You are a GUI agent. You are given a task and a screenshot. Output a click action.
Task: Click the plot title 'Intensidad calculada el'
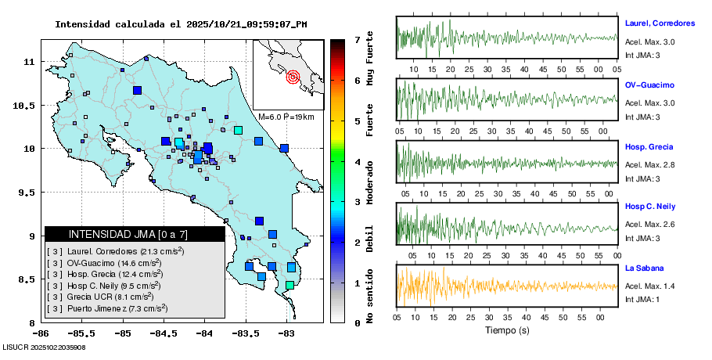(118, 24)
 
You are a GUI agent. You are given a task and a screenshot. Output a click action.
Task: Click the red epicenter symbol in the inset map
(293, 77)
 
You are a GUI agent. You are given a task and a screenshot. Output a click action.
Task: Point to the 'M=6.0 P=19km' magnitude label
(286, 117)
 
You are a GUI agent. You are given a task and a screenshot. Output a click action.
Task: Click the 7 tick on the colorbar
(357, 38)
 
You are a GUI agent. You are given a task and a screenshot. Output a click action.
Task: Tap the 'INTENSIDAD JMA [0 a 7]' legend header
(128, 234)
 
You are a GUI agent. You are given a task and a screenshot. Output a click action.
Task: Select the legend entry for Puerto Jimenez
(117, 309)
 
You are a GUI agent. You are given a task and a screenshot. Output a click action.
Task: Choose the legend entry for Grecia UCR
(109, 297)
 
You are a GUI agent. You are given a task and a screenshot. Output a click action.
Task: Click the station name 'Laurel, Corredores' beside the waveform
(659, 23)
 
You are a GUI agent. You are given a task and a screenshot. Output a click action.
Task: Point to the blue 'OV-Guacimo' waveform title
(649, 85)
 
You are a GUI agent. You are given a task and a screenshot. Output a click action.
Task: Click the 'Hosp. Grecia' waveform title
(649, 147)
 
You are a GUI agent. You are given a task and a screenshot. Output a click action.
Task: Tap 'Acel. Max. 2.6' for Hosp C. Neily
(649, 225)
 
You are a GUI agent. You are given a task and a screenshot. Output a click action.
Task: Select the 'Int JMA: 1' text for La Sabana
(642, 300)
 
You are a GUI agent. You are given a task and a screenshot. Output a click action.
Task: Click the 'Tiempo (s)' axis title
(505, 330)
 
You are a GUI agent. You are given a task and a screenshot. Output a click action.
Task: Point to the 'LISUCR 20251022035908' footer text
(44, 347)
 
